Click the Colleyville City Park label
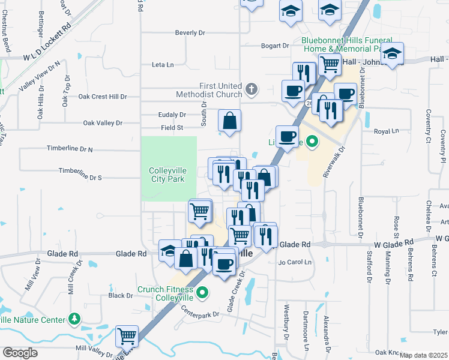[168, 175]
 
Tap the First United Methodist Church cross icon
[252, 90]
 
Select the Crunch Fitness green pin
[203, 293]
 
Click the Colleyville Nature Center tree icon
[74, 319]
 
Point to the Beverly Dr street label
[190, 32]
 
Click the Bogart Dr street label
[276, 46]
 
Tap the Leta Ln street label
[163, 64]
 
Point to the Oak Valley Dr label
[103, 123]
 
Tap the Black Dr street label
[121, 295]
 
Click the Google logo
[20, 352]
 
